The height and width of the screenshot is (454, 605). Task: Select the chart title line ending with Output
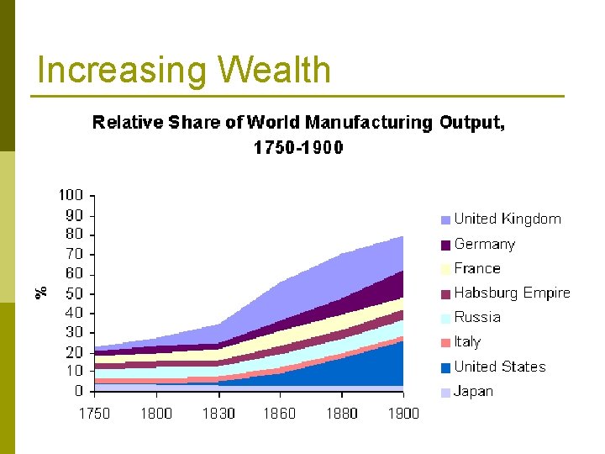(298, 123)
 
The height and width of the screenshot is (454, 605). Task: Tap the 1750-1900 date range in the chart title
(298, 148)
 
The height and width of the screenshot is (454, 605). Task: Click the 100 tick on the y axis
(71, 195)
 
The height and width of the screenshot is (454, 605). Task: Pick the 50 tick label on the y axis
(74, 293)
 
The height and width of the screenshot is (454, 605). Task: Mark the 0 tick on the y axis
(78, 391)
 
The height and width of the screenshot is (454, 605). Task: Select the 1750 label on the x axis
(95, 413)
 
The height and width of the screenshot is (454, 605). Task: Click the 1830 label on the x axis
(218, 413)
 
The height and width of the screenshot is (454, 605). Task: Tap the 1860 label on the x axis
(280, 413)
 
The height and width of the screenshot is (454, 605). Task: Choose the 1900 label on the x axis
(402, 413)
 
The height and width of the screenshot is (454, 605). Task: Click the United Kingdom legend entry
(507, 219)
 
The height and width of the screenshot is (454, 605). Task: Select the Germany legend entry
(484, 244)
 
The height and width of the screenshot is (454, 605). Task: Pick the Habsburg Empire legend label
(512, 293)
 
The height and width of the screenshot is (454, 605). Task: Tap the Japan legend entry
(473, 391)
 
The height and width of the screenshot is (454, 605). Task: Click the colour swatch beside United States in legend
(445, 367)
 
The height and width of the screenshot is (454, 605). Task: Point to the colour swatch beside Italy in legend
(445, 343)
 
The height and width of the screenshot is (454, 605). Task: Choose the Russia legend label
(476, 317)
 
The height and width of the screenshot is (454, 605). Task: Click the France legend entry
(476, 268)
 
